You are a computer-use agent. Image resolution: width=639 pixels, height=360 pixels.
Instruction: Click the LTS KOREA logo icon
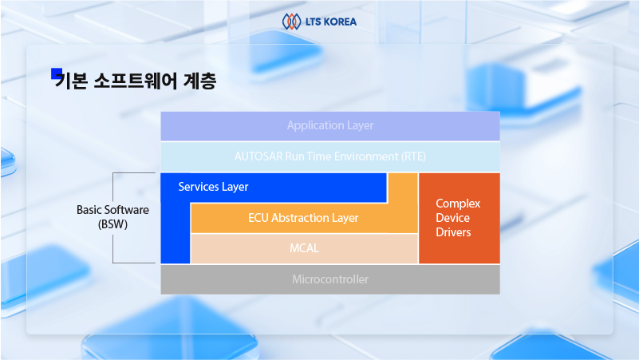291,22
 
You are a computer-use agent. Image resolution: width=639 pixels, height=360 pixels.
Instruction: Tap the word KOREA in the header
340,22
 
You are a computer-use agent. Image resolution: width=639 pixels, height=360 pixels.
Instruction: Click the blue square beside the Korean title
56,73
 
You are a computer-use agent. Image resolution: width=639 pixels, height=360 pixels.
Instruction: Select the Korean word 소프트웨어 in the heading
136,81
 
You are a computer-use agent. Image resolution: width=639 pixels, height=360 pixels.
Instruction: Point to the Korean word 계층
199,81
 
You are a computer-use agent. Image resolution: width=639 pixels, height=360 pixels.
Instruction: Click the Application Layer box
330,126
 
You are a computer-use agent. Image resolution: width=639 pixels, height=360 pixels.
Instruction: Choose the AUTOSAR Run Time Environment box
330,156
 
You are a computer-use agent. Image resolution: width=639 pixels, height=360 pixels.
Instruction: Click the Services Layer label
213,187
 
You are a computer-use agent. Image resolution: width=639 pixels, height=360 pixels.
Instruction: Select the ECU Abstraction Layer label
303,218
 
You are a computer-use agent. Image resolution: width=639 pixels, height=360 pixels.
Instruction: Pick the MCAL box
305,248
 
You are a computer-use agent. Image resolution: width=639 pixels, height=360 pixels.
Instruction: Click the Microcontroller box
330,279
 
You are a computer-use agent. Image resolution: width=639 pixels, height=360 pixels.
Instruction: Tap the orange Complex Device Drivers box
460,218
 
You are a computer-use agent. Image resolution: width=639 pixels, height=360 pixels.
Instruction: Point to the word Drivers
453,232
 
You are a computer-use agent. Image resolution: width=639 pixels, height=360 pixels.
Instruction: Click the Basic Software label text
113,210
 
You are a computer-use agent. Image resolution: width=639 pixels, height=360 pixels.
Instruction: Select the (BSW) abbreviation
113,224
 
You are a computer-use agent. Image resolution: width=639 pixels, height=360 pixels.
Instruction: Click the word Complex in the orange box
458,204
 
